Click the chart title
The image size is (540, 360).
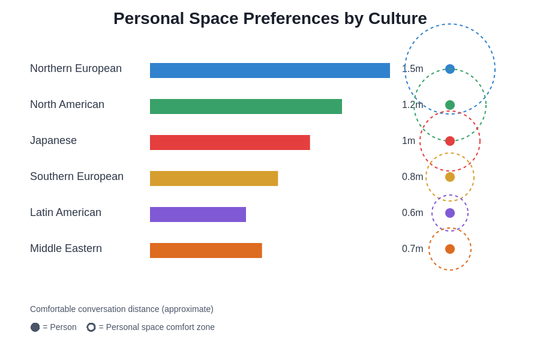[x=270, y=19]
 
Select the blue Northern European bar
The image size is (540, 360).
[x=270, y=70]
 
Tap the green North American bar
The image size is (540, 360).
[x=246, y=106]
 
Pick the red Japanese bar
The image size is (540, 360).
[x=230, y=142]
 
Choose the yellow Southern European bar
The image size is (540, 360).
[x=214, y=178]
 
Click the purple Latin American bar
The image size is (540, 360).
[x=198, y=214]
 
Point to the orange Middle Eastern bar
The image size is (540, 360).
[x=206, y=250]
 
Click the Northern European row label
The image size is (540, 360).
[x=76, y=68]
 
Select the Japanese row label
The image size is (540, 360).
[x=53, y=140]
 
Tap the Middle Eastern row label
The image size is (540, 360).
[x=66, y=248]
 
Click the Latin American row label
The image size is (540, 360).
[x=65, y=212]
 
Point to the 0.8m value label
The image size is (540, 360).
[x=412, y=177]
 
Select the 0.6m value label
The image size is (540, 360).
[x=412, y=213]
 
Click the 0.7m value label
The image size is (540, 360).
[x=412, y=249]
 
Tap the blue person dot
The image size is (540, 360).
[x=450, y=69]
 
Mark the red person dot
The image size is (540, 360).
[x=450, y=141]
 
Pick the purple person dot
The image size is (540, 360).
[x=450, y=213]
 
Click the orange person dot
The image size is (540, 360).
[x=450, y=249]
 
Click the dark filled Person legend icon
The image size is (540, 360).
[x=35, y=327]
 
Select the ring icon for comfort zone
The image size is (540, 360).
[x=91, y=327]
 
